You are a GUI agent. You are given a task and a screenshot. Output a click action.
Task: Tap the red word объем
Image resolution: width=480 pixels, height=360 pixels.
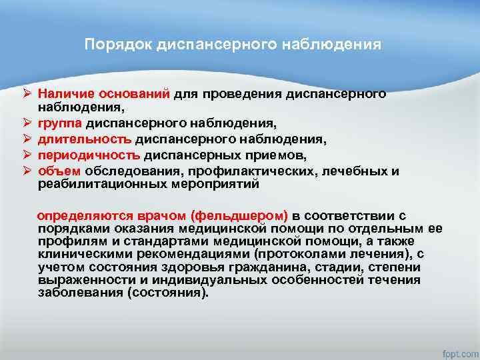tap(55, 171)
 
